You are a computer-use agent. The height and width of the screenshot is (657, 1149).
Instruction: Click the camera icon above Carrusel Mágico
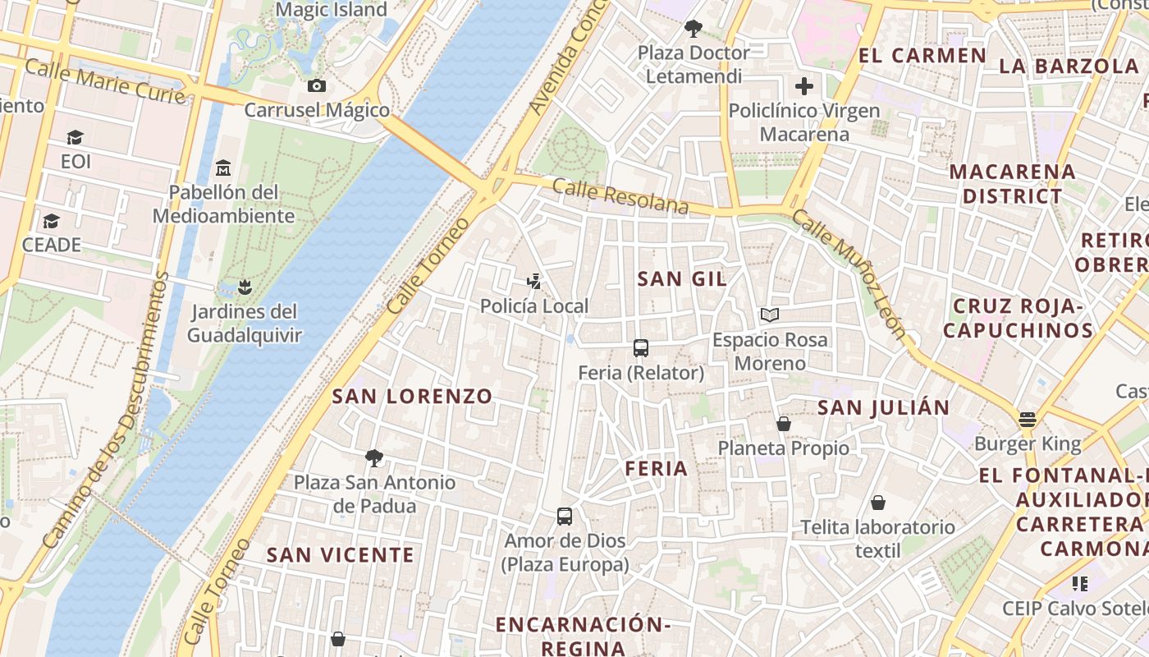316,85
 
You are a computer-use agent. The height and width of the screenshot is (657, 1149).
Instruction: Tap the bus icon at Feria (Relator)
641,348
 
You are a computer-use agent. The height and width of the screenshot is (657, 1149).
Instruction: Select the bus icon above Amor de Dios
565,517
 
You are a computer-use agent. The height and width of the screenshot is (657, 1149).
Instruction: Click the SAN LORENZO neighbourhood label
412,396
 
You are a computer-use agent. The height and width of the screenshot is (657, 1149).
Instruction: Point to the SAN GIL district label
682,278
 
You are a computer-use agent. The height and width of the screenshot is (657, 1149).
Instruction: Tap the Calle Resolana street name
620,196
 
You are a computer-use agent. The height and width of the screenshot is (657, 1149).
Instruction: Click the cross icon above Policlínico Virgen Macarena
804,85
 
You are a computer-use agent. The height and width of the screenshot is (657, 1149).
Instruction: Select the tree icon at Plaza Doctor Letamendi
694,29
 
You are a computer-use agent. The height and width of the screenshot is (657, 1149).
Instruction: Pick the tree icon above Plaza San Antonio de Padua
374,457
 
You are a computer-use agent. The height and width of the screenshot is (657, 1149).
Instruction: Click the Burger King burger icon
1028,420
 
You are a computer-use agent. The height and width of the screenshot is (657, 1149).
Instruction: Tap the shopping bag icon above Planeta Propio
784,424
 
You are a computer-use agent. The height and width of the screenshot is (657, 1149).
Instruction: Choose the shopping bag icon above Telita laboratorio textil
878,502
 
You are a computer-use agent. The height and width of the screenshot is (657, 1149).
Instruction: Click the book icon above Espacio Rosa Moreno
770,315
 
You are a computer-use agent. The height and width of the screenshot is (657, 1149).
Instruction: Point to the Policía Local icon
534,282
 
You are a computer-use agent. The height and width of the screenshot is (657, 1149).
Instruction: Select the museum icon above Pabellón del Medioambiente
223,168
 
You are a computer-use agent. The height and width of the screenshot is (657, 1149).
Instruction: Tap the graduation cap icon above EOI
76,137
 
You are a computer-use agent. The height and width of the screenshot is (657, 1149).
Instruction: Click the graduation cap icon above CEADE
52,221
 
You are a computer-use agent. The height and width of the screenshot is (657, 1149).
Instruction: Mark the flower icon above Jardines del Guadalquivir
244,287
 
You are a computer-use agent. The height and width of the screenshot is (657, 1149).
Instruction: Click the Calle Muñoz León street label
850,273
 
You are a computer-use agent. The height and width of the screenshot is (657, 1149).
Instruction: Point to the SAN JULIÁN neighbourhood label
883,407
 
